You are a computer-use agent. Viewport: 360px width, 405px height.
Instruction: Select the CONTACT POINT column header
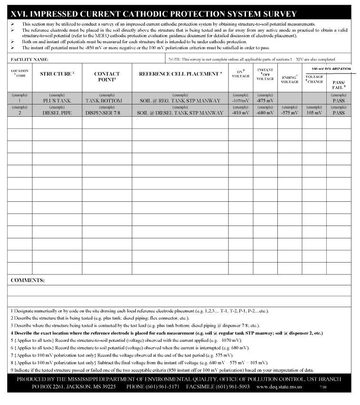click(x=107, y=76)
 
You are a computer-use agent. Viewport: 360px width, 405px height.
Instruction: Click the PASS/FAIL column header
click(x=339, y=85)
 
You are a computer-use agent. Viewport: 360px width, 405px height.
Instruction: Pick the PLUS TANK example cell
click(x=57, y=101)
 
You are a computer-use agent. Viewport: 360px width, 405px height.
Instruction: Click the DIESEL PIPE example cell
click(x=57, y=113)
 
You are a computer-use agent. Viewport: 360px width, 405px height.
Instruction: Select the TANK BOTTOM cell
click(x=104, y=101)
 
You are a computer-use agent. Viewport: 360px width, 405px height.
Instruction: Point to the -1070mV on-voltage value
click(x=240, y=101)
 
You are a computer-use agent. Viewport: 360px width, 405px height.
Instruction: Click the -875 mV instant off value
click(x=265, y=101)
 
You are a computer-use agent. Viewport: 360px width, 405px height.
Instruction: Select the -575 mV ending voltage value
click(x=289, y=113)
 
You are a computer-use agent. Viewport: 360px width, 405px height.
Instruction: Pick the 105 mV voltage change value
click(x=314, y=113)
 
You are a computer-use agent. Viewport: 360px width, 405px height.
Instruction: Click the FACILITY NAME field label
click(x=29, y=60)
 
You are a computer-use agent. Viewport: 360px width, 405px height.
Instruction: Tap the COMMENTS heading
click(x=28, y=280)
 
